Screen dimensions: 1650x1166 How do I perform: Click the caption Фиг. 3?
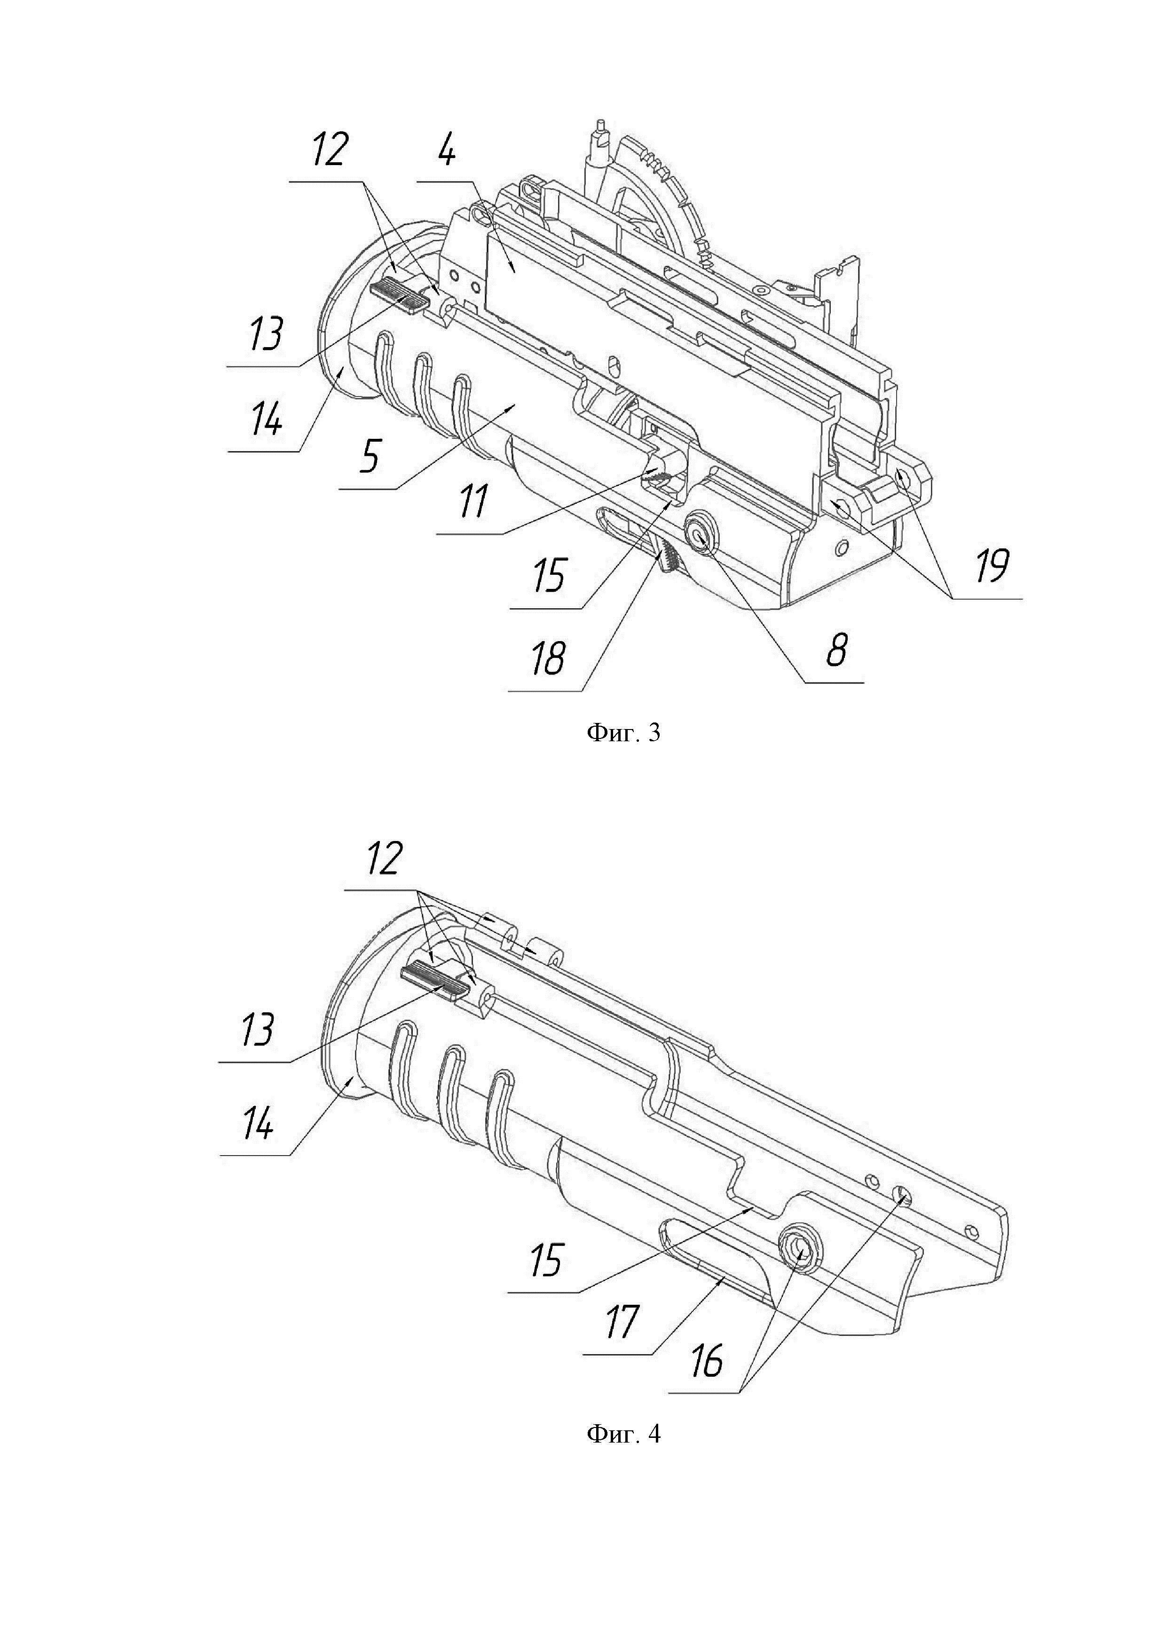[x=623, y=733]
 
